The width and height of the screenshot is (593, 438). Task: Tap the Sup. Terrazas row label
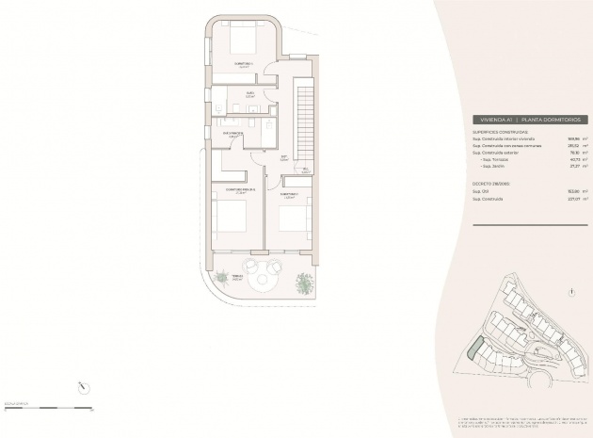click(493, 159)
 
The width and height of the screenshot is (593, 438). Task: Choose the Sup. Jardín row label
click(491, 166)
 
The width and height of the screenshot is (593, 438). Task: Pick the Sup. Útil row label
click(482, 191)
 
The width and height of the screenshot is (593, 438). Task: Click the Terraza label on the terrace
click(238, 277)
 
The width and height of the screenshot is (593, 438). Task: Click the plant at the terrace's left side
click(221, 278)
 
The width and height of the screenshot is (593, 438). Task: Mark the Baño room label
click(250, 93)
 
